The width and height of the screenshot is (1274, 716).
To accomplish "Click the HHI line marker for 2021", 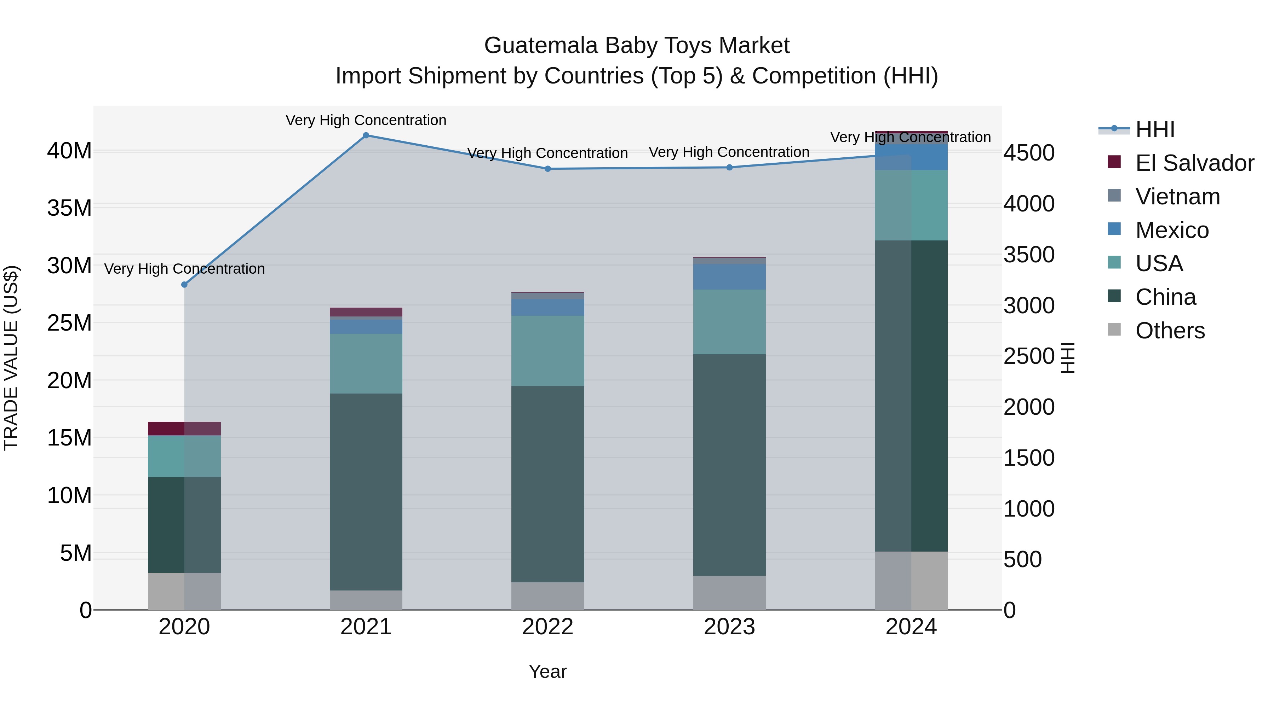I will [x=366, y=135].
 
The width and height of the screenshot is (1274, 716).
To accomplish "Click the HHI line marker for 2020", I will [x=184, y=285].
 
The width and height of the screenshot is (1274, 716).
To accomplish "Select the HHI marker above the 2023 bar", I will [x=729, y=168].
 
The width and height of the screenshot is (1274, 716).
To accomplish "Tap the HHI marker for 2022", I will [x=547, y=169].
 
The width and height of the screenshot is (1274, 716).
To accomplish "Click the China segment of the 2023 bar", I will [x=729, y=465].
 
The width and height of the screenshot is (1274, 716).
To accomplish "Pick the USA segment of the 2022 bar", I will [x=547, y=351].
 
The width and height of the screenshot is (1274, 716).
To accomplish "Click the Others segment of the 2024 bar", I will [x=911, y=581].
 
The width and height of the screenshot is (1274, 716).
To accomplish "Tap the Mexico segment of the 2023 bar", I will [x=729, y=277].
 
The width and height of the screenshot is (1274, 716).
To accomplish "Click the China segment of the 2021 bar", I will [x=366, y=492].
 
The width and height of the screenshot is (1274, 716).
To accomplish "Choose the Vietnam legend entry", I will [x=1177, y=197].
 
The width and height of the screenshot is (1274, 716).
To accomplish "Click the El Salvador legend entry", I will [x=1194, y=163].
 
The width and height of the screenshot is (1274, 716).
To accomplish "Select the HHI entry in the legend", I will [x=1154, y=129].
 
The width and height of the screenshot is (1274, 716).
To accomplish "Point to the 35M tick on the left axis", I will [x=69, y=208].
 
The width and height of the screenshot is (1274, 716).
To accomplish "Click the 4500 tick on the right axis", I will [x=1029, y=153].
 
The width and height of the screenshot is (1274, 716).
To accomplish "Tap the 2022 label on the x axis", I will [x=547, y=627].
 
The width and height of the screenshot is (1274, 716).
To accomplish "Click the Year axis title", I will [x=547, y=671].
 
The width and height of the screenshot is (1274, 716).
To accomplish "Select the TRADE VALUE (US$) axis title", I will [x=11, y=358].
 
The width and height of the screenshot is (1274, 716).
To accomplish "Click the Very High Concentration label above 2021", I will [x=366, y=120].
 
